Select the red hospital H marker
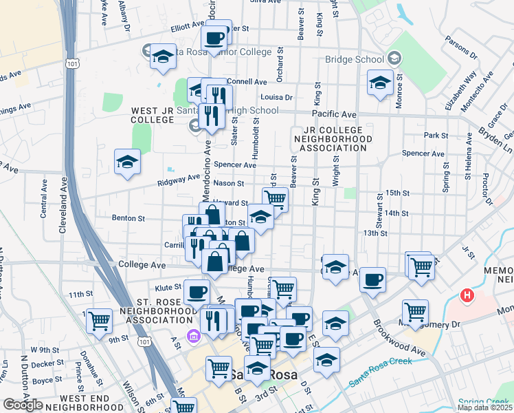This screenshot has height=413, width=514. click(468, 297)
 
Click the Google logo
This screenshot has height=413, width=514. click(23, 405)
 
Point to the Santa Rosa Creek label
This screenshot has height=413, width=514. click(380, 372)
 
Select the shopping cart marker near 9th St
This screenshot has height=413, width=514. click(100, 319)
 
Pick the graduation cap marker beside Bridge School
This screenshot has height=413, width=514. click(380, 83)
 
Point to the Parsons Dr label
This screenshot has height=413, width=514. click(461, 47)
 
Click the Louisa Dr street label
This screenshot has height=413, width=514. click(277, 98)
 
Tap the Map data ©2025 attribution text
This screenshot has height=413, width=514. click(485, 407)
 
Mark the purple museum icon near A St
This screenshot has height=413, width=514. click(194, 336)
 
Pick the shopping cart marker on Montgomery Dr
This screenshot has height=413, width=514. click(415, 311)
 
